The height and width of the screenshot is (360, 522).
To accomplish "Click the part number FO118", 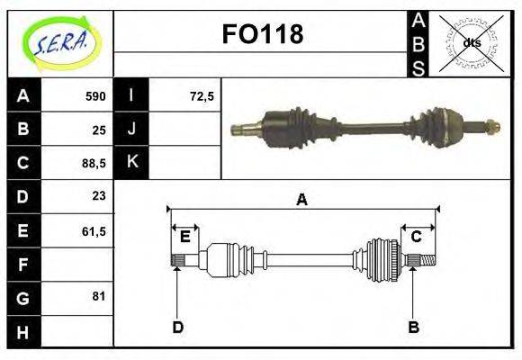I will point(262,34).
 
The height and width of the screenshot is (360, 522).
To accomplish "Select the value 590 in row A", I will point(95,96).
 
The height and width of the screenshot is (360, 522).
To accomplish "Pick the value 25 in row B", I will point(99,130).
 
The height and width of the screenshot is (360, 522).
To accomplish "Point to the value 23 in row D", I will point(99,195).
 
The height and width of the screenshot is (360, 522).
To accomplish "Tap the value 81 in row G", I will point(99,296).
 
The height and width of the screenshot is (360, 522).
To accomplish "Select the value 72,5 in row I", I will point(202,96).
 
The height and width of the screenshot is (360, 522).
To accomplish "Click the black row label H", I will point(22,332).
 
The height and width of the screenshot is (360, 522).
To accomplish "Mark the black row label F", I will point(22,265).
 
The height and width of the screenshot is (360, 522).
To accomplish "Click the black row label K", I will point(131,163).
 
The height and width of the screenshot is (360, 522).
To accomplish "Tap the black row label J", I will point(131,130).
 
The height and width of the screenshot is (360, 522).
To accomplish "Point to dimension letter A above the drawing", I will point(301,200).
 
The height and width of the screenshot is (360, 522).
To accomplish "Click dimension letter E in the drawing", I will point(184,237).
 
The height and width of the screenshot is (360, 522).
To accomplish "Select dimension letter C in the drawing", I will point(417,237).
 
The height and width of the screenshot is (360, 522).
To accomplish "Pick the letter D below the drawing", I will point(177,327).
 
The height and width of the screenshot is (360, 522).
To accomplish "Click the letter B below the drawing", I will point(413,327).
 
